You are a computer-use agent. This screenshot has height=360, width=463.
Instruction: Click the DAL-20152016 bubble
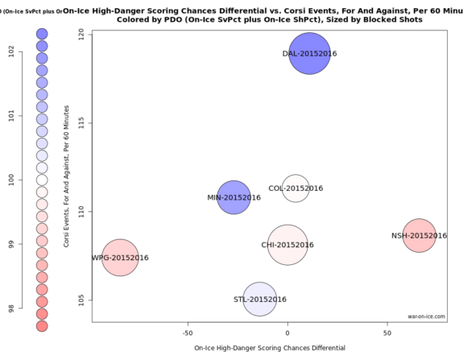coord(310,53)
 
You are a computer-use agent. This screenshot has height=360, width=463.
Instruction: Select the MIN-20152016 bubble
coord(234,197)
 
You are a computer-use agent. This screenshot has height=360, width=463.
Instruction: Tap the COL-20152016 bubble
coord(296,188)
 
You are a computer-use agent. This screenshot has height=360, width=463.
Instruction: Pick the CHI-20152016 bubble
coord(287,245)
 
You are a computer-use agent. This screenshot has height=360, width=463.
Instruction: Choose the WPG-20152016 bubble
coord(120,258)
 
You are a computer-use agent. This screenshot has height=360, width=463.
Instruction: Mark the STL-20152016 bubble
coord(259,300)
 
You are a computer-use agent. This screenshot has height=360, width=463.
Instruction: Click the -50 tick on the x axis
coord(188,331)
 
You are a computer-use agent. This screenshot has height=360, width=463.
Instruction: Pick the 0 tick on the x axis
coord(287,331)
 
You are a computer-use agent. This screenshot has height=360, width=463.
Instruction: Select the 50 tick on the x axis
coord(387,331)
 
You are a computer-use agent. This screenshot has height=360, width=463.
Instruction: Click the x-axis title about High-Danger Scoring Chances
coord(270,348)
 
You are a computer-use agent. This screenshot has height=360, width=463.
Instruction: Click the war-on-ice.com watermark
coord(426,317)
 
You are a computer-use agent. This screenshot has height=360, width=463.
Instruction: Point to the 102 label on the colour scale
coord(10,50)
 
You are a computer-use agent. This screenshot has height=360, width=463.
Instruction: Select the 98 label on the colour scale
coord(10,308)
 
